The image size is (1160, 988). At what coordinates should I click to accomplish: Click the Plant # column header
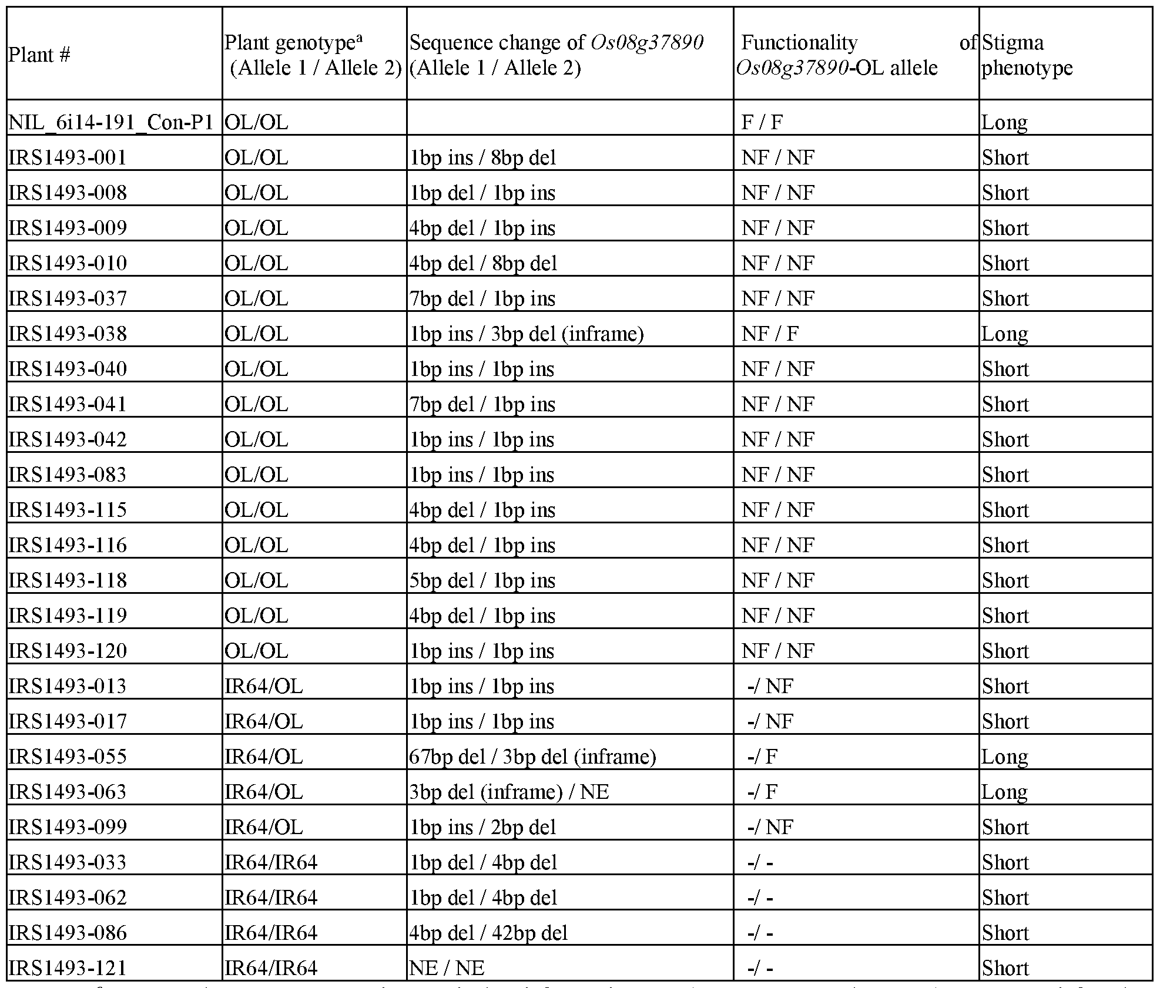(x=39, y=55)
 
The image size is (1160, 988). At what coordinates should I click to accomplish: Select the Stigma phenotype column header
(x=1027, y=55)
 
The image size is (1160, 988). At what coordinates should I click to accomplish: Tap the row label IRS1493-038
(x=68, y=334)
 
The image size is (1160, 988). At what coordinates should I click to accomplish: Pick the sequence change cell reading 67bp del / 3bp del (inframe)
(x=532, y=757)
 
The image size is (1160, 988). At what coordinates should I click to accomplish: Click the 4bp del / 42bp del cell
(x=488, y=933)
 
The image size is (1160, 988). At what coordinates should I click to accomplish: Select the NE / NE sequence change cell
(x=447, y=968)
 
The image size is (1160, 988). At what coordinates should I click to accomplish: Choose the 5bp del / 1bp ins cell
(x=482, y=580)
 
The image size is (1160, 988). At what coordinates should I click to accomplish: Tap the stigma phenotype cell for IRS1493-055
(x=1004, y=757)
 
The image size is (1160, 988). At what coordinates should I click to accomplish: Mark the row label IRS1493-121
(x=68, y=968)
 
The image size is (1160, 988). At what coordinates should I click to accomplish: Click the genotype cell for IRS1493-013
(x=263, y=686)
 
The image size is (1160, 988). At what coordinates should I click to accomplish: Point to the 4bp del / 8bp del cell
(x=483, y=263)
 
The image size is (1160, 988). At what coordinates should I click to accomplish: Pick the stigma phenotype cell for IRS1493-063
(x=1004, y=792)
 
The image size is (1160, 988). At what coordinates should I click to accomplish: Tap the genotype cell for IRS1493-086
(x=270, y=933)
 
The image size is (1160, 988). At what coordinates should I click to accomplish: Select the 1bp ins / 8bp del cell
(x=482, y=157)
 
